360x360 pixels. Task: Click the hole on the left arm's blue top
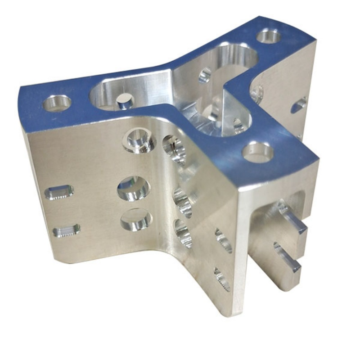57,103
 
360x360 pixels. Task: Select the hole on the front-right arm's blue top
258,152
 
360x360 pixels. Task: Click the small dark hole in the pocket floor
125,103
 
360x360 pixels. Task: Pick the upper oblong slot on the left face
59,193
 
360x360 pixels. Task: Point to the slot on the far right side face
298,105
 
